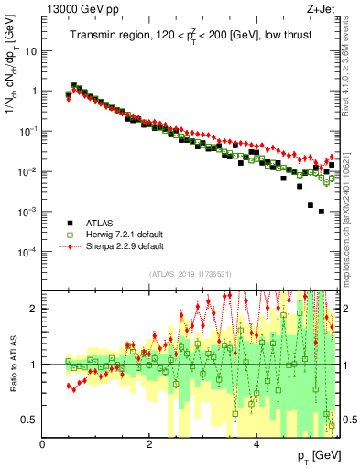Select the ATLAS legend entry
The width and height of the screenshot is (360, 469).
(98, 223)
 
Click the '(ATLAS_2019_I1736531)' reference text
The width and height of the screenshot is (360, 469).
(190, 274)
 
